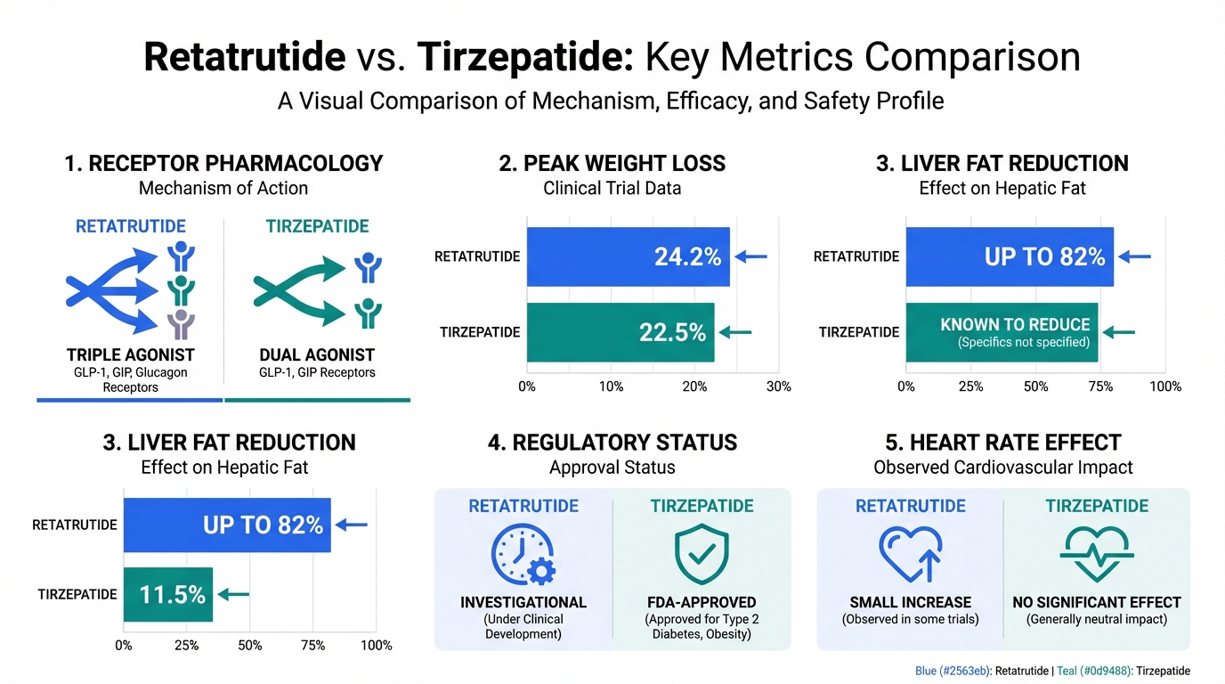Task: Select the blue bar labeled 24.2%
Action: pyautogui.click(x=628, y=256)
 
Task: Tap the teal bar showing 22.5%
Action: pyautogui.click(x=620, y=332)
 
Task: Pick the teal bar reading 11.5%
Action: pyautogui.click(x=167, y=594)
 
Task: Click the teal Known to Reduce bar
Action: pyautogui.click(x=1002, y=332)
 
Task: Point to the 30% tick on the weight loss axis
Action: pyautogui.click(x=779, y=387)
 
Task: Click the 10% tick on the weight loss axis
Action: pyautogui.click(x=611, y=387)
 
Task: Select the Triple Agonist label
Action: pyautogui.click(x=131, y=354)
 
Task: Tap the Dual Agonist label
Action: pyautogui.click(x=316, y=354)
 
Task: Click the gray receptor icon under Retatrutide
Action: pyautogui.click(x=182, y=323)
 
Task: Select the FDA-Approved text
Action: pyautogui.click(x=702, y=602)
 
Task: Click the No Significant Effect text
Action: pyautogui.click(x=1096, y=602)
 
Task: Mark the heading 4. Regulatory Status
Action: pyautogui.click(x=612, y=443)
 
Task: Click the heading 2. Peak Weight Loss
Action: pyautogui.click(x=612, y=164)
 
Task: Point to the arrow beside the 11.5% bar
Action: pyautogui.click(x=234, y=594)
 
